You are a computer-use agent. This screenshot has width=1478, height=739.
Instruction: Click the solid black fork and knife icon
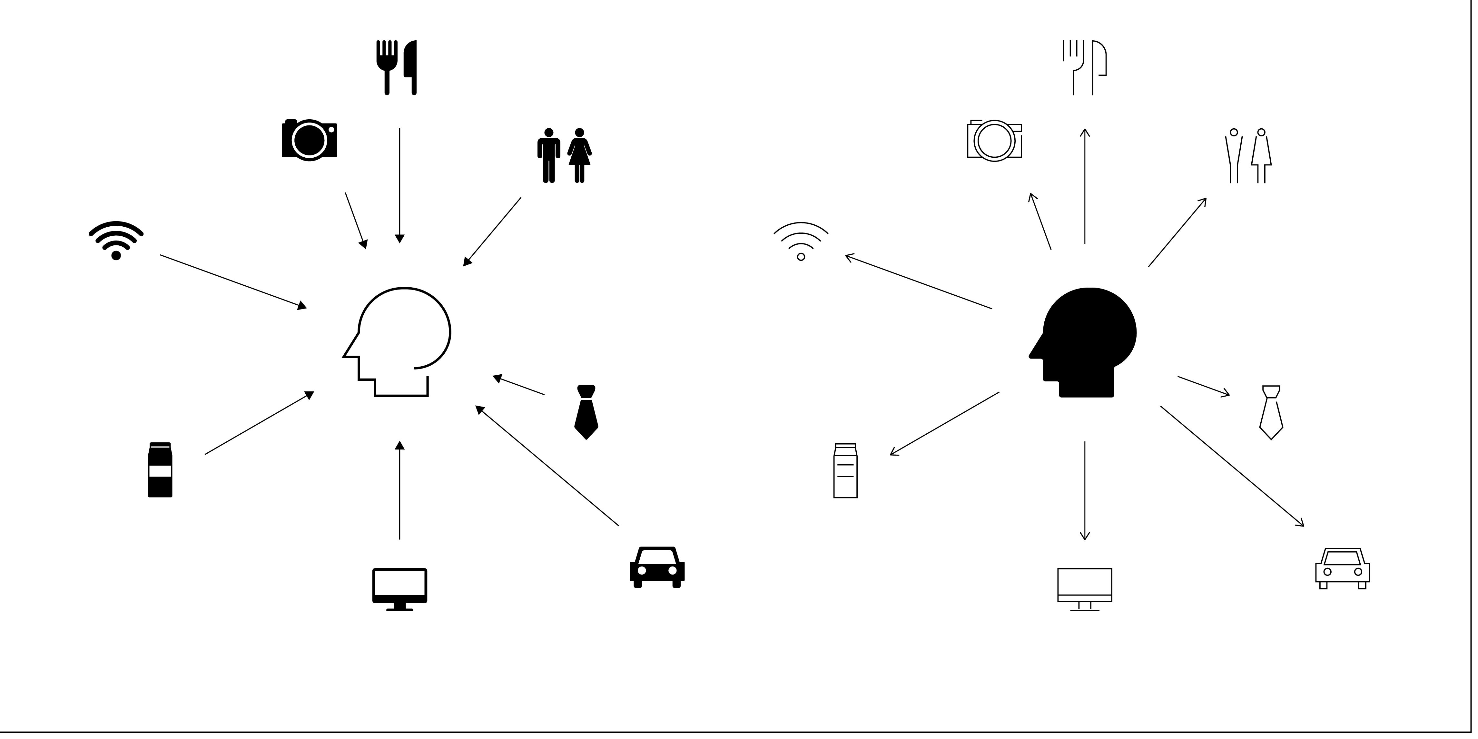tap(396, 67)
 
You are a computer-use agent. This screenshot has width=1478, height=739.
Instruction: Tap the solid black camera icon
tap(309, 139)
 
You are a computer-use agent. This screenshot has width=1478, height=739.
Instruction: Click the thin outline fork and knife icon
tap(1084, 67)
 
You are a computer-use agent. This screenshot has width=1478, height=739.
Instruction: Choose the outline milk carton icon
tap(845, 470)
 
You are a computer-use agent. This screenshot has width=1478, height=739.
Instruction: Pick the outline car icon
tap(1343, 568)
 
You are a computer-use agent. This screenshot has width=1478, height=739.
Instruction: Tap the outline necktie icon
tap(1271, 412)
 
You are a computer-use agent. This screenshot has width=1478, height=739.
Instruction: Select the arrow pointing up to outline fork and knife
tap(1084, 186)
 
